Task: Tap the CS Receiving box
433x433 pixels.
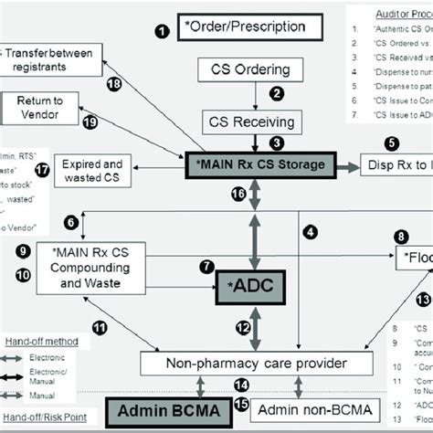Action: pyautogui.click(x=248, y=122)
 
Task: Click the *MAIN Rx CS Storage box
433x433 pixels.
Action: pyautogui.click(x=259, y=164)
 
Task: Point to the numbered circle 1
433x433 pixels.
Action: pyautogui.click(x=164, y=32)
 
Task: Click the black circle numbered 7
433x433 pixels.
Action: pyautogui.click(x=206, y=267)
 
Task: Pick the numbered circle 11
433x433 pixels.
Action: pyautogui.click(x=99, y=326)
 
